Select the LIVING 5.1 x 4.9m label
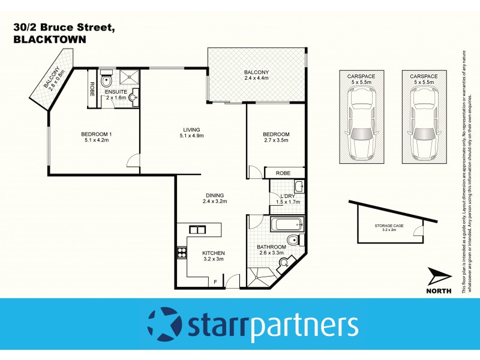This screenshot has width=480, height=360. [192, 133]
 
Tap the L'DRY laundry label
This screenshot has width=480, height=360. [286, 198]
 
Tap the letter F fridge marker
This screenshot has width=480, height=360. [215, 281]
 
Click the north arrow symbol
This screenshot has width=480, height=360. [440, 277]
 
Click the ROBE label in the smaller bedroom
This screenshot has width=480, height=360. [283, 173]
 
